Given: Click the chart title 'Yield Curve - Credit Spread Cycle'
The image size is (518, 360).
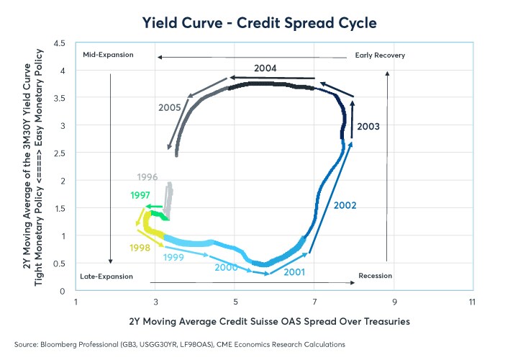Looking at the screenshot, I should point(258,23).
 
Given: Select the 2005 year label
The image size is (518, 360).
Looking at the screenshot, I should point(170,107).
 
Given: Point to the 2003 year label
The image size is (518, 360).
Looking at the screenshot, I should point(368,126).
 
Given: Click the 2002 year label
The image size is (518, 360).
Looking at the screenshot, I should point(345,205).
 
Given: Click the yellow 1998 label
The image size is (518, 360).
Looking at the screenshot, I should point(140,248).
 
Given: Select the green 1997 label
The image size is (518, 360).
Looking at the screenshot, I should point(141,195).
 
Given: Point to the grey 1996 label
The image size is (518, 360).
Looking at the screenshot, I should point(147,177).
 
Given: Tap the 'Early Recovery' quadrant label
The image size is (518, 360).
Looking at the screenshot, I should point(380,55).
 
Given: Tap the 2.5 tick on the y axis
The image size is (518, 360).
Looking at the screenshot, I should point(60,153).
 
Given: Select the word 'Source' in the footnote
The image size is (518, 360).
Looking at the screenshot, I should point(27,345).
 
